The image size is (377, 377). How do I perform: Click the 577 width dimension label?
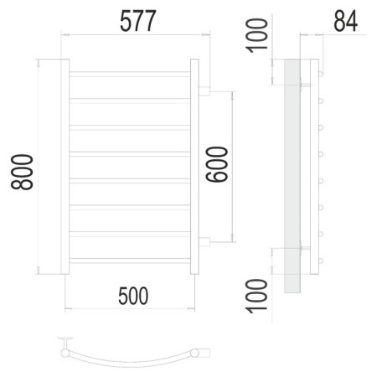coord(137,21)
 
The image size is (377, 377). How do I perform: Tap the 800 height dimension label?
coord(22,172)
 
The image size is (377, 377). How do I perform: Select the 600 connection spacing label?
coord(217,164)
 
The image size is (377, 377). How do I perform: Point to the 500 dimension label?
coord(133,296)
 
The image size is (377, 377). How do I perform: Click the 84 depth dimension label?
coord(345,21)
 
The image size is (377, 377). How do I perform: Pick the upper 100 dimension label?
coord(256,35)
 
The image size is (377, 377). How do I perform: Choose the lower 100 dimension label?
coord(256,296)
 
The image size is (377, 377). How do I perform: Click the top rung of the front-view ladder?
coord(130,74)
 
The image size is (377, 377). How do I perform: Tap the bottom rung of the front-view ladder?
coord(130,261)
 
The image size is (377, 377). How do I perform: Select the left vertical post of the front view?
coord(65,167)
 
